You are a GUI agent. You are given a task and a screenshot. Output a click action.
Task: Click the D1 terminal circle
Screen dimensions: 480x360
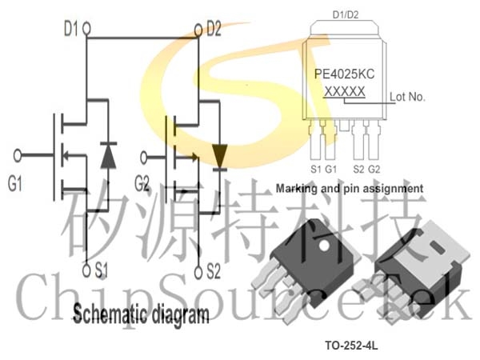point(87,29)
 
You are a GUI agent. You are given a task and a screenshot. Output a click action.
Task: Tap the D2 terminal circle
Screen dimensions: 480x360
point(198,30)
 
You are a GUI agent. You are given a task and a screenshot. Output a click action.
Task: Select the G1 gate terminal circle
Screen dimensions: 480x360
point(18,155)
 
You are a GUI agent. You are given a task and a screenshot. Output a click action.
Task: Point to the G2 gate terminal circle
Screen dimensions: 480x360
point(143,158)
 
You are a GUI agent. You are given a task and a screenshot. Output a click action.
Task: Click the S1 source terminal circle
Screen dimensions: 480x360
point(87,270)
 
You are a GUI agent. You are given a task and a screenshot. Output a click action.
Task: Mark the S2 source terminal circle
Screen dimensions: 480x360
point(198,272)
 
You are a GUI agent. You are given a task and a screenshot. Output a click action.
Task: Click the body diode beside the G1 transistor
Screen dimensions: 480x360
point(108,155)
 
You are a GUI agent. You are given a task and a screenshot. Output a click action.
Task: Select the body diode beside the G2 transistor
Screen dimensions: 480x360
point(220,157)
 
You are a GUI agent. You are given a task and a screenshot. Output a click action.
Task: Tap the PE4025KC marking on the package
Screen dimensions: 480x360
point(344,74)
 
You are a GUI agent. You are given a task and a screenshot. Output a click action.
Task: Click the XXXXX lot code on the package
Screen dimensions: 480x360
point(344,91)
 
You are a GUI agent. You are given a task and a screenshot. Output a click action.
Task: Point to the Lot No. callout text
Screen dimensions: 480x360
point(407,97)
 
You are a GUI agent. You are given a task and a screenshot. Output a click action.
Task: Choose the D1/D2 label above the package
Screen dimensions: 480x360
point(346,14)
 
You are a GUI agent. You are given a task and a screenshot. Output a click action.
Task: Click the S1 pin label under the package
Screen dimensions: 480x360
point(316,169)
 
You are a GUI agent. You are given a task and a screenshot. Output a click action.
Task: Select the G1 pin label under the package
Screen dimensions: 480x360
point(331,169)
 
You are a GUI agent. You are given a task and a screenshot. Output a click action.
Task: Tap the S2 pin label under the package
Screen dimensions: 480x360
point(358,169)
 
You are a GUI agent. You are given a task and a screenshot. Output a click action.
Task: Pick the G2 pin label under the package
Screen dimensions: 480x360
point(374,169)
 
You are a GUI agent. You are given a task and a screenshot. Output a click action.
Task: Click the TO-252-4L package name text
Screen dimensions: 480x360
point(351,346)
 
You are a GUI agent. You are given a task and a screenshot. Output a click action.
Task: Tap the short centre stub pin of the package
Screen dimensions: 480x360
point(344,126)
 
